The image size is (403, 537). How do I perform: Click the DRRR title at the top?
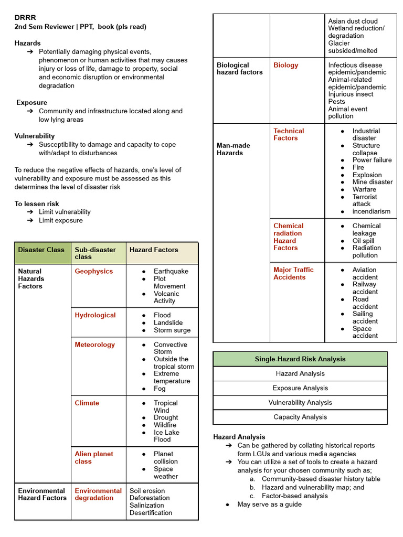pos(25,17)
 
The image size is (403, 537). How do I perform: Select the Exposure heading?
pos(31,102)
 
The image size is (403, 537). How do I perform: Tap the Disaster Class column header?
pos(41,250)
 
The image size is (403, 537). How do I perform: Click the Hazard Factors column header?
pos(154,250)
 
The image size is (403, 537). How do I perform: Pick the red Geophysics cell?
pos(93,271)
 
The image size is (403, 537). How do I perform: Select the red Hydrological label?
pos(95,315)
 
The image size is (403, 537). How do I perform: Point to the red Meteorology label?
pos(94,345)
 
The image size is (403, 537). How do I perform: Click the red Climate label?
pos(87,403)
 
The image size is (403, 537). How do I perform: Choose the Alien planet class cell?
pos(93,457)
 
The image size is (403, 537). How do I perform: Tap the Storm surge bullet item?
pos(172,330)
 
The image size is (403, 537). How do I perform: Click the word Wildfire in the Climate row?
pos(165,425)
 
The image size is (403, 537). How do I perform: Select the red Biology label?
pos(285,65)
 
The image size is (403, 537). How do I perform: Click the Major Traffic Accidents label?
pos(293,273)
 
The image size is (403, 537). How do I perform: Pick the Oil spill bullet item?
pos(363,241)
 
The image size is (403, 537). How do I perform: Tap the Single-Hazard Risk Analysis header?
pos(300,359)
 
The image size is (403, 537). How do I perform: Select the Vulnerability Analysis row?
pos(300,402)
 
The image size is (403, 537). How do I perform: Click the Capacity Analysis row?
pos(300,417)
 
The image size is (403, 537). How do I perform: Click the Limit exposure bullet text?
pos(60,220)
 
